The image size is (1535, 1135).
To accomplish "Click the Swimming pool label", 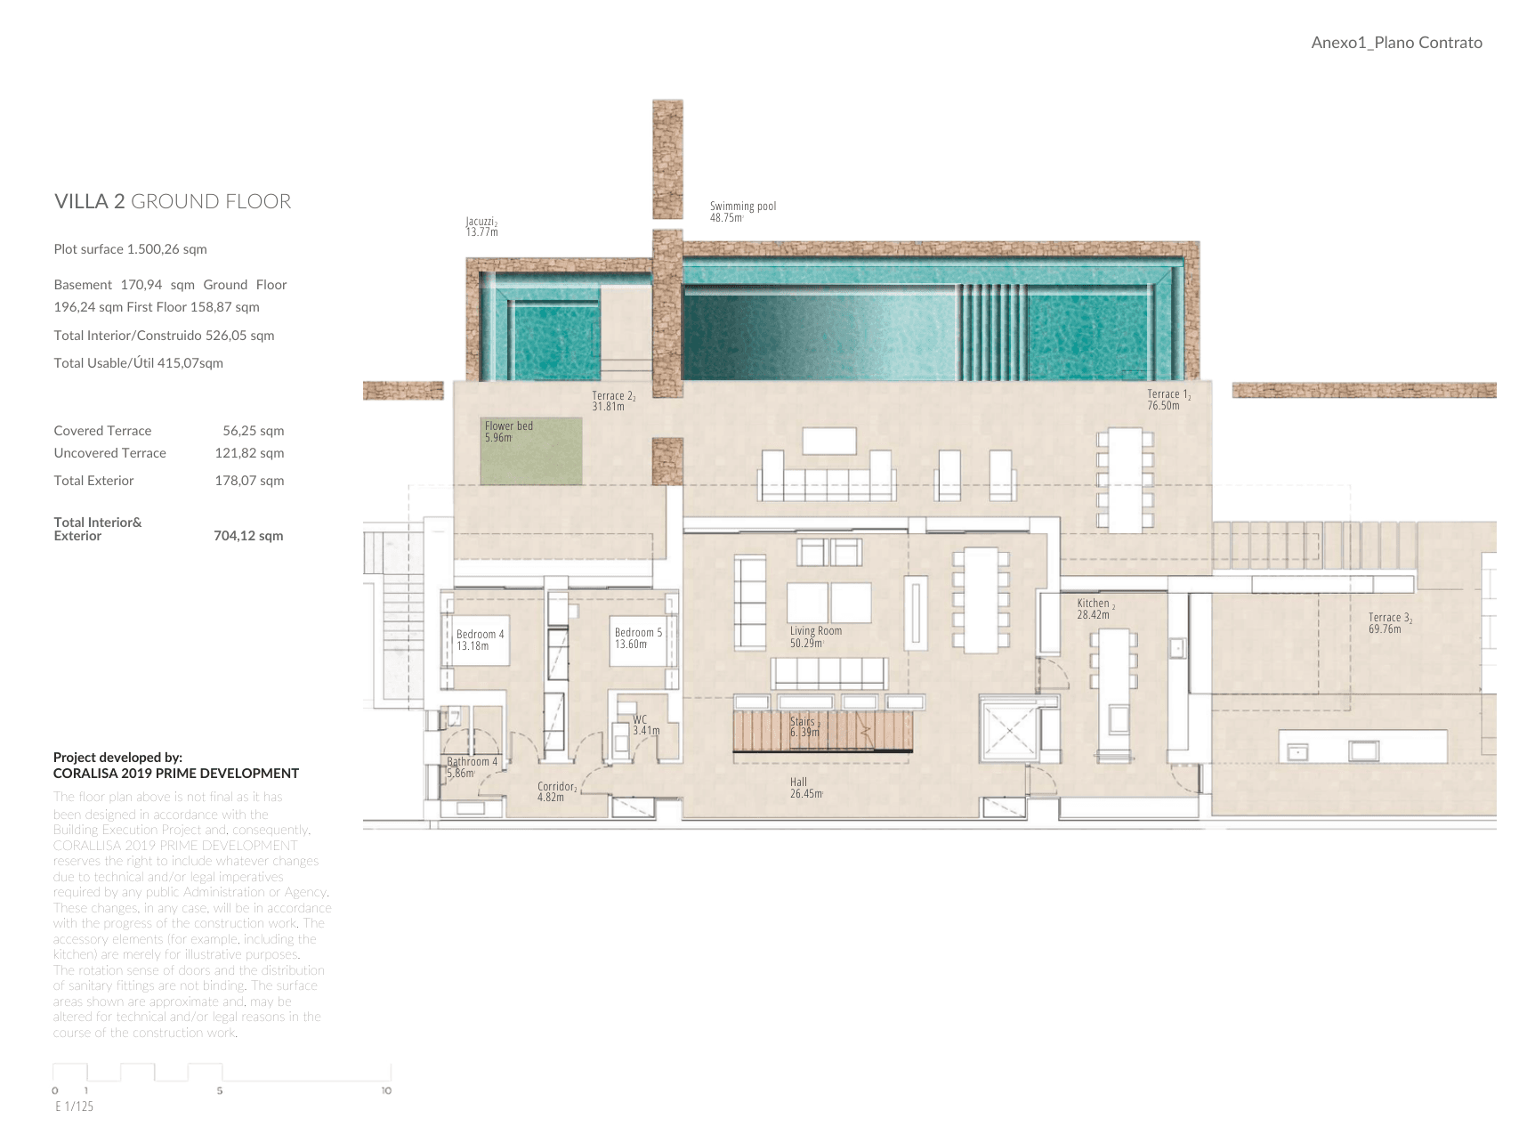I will click(742, 212).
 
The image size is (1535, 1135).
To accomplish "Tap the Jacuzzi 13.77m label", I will click(481, 227).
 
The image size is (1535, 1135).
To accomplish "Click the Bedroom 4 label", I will click(480, 640).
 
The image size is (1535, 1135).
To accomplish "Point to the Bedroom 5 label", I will click(638, 638).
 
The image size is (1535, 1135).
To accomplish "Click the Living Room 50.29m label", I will click(815, 636).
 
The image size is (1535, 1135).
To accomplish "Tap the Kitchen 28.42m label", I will click(1095, 609).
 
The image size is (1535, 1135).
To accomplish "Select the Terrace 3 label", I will click(1389, 623).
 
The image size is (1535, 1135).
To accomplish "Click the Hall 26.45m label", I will click(805, 788).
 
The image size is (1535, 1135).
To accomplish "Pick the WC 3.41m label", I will click(645, 725).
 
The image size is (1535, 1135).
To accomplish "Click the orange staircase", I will click(823, 731).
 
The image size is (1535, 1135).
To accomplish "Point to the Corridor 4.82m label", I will click(557, 791).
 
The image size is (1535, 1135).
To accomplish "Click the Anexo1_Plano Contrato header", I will click(1396, 43).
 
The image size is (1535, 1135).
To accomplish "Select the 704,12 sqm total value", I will click(248, 536).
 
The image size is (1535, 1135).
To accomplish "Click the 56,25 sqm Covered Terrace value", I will click(253, 431).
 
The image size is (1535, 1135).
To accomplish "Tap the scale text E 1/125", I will click(74, 1107).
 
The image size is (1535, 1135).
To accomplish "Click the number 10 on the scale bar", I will click(386, 1090).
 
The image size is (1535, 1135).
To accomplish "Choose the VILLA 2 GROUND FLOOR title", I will click(173, 201).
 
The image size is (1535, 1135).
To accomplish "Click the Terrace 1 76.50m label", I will click(1167, 400).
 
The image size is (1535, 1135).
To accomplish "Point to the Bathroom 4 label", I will click(472, 766).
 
